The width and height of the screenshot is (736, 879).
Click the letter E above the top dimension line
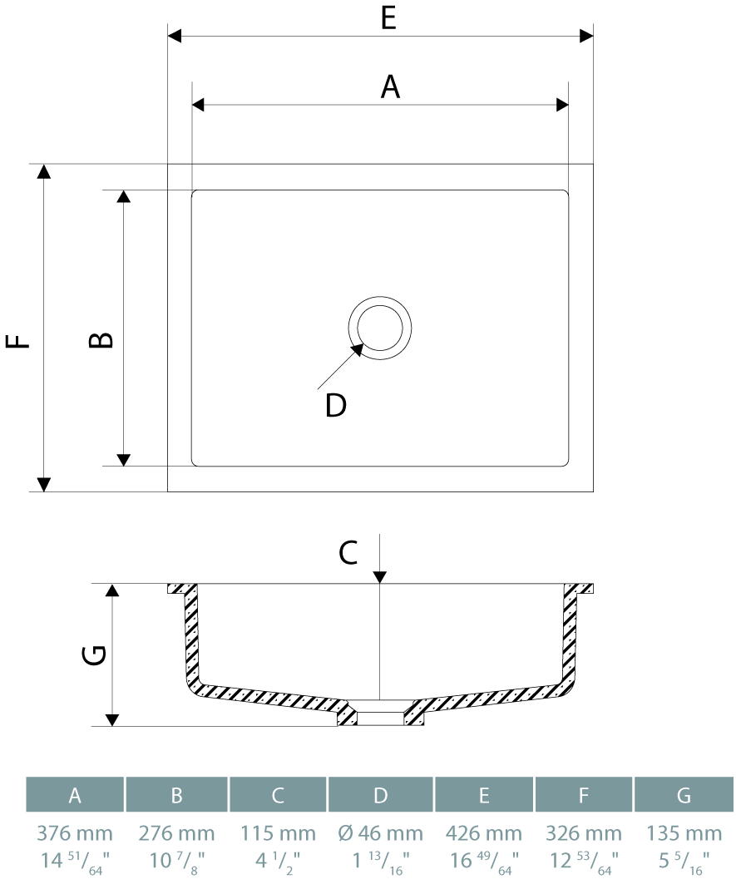point(388,18)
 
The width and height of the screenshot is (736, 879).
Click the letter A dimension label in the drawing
point(390,86)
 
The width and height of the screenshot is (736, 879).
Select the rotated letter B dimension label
point(101,340)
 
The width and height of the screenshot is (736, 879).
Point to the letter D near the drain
point(335,406)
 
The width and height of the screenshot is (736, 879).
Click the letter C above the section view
point(348,552)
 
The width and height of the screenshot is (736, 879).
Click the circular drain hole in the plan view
point(380,328)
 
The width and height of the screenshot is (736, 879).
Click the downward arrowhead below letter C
point(380,576)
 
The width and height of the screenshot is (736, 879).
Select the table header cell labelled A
point(75,795)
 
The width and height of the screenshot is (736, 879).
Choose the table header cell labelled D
point(380,795)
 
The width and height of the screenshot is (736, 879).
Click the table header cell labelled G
point(684,795)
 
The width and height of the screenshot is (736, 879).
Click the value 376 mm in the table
point(75,833)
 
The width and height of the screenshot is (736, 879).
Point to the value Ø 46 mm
point(380,833)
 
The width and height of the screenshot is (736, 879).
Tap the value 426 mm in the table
point(484,833)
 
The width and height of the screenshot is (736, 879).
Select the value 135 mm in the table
point(684,833)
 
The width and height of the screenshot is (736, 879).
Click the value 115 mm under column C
point(278,833)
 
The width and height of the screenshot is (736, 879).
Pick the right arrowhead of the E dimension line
point(587,36)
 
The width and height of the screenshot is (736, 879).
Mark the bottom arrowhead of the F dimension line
point(44,485)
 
